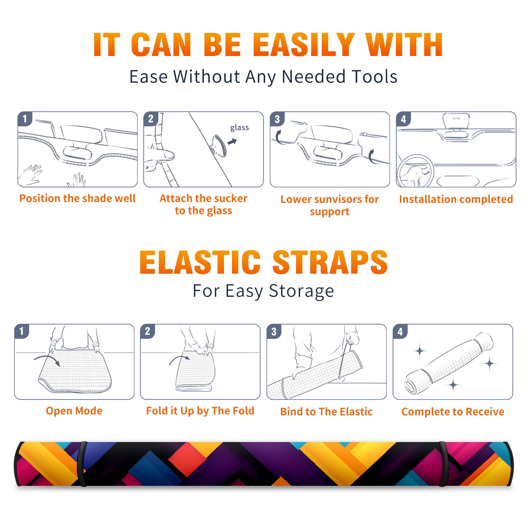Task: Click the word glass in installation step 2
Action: [x=239, y=128]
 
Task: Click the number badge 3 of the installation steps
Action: [x=277, y=119]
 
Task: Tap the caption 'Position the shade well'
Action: [x=77, y=198]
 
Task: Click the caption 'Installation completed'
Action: [x=456, y=199]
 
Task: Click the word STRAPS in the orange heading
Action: [x=330, y=262]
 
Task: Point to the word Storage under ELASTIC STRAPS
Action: [x=301, y=291]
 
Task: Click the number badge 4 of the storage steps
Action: [x=400, y=331]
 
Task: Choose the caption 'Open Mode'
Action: [x=74, y=411]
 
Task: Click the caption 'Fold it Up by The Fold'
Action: [x=200, y=411]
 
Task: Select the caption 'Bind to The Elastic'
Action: [x=326, y=412]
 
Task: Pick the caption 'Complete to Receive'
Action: [x=453, y=412]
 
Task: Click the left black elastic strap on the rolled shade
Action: [x=82, y=464]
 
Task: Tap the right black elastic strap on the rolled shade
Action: [x=443, y=464]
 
